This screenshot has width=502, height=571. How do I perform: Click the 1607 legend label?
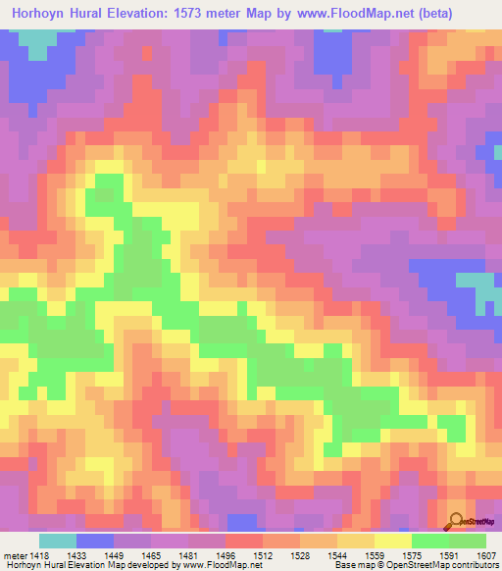tap(486, 554)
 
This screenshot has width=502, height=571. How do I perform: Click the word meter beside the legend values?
tap(15, 554)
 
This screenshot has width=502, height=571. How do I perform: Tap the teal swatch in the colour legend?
tap(58, 541)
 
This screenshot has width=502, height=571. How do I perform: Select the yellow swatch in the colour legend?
tap(393, 541)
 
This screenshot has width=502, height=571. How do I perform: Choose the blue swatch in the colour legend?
tap(95, 541)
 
